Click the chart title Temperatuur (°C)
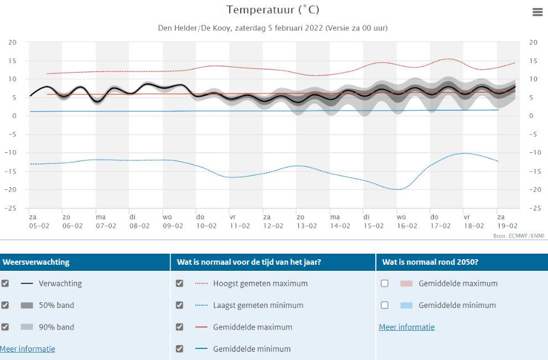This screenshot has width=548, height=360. tap(273, 10)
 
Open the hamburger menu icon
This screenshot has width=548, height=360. tap(537, 12)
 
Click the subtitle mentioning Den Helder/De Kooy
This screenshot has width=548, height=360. tap(273, 28)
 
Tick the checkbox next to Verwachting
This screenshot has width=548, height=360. tap(5, 283)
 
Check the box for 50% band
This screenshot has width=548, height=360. tap(5, 305)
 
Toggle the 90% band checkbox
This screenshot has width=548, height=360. tap(5, 327)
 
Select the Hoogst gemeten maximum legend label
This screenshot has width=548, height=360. tap(260, 283)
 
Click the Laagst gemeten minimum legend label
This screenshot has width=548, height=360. tap(258, 305)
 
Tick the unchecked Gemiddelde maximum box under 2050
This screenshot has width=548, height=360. tap(385, 283)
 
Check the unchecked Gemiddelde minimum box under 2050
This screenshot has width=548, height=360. tap(385, 305)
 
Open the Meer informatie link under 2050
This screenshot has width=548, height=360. tap(407, 327)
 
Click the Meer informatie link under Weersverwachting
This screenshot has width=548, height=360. tap(28, 349)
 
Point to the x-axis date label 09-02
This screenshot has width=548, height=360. tap(173, 226)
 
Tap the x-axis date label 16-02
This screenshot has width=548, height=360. tap(407, 226)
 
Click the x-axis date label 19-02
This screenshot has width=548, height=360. tap(507, 226)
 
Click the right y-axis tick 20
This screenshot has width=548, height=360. tap(534, 42)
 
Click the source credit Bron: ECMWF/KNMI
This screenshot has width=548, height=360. tap(519, 236)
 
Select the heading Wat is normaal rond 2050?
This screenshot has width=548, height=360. tap(430, 262)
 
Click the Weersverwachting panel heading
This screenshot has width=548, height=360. tap(36, 262)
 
